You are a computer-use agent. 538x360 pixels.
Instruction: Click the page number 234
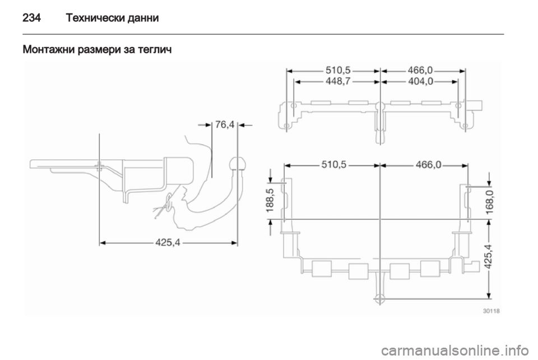click(x=31, y=17)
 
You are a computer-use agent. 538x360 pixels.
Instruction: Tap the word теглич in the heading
click(x=155, y=50)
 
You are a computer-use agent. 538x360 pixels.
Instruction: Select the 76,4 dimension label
click(x=225, y=124)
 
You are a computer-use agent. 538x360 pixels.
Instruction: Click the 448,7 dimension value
click(x=338, y=82)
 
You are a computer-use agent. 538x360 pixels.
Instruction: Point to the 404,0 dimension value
click(x=421, y=82)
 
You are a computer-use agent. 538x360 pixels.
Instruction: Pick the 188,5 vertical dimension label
click(x=270, y=200)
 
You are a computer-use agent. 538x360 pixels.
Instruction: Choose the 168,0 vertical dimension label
click(x=490, y=202)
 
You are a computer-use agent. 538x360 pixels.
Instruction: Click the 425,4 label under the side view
click(x=168, y=243)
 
